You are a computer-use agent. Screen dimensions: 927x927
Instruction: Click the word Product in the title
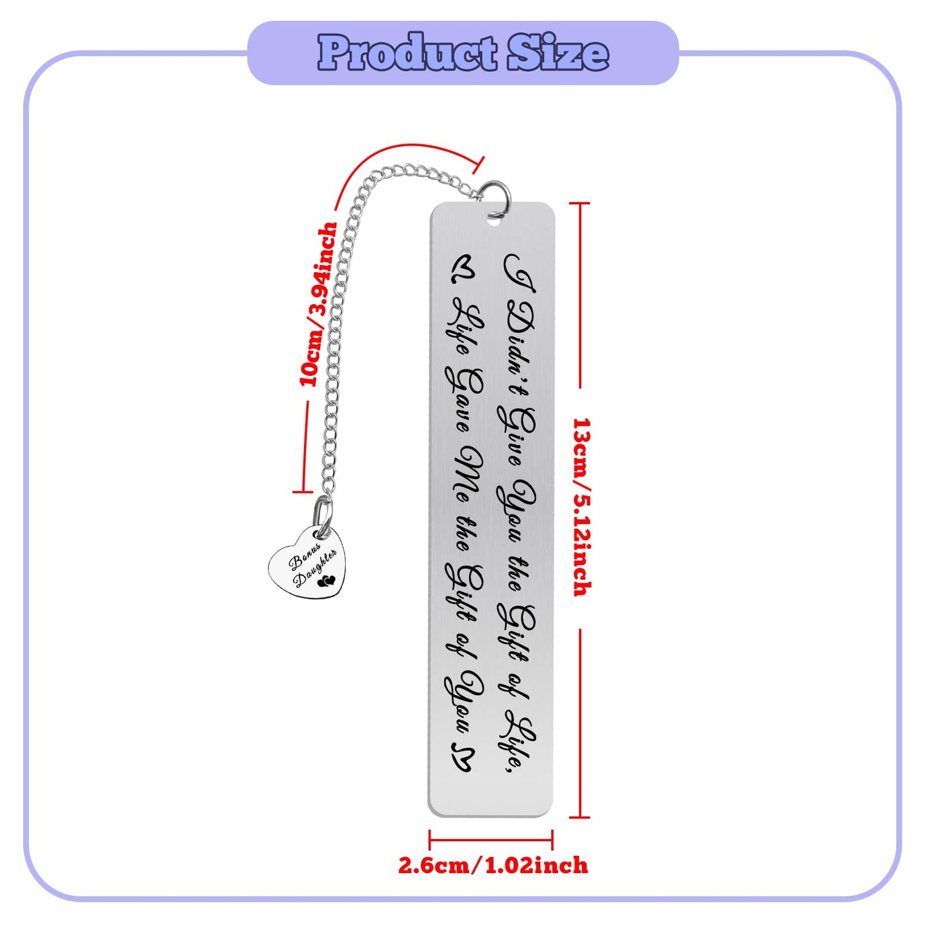[407, 53]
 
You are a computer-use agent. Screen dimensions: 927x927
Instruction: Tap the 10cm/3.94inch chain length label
[318, 304]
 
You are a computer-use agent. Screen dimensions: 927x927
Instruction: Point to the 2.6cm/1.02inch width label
[493, 865]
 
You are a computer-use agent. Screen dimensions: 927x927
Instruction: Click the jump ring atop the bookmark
[497, 195]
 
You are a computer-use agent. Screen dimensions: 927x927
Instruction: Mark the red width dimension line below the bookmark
[491, 840]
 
